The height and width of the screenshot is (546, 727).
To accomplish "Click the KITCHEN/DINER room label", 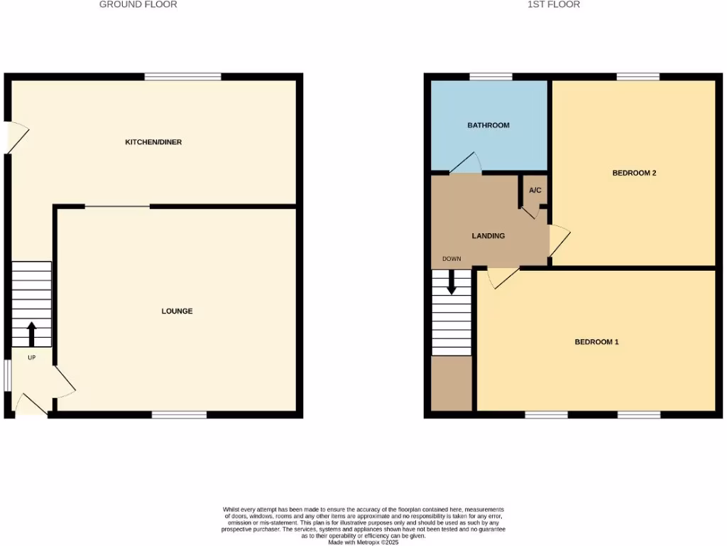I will (x=153, y=142).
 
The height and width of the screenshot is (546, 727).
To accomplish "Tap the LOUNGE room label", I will (x=177, y=311).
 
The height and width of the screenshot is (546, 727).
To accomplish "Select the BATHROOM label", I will (x=488, y=125).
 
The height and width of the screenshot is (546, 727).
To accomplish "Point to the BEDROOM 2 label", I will (x=634, y=173).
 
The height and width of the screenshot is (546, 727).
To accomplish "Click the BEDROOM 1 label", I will (x=597, y=342).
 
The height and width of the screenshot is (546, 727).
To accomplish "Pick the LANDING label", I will (x=488, y=235).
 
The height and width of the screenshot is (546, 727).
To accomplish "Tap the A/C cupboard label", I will (x=535, y=191).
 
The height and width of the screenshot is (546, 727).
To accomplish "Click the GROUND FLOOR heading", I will (x=138, y=4).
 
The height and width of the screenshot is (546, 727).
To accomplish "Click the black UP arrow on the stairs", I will (x=31, y=332).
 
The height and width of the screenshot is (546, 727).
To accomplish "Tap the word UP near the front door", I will (x=31, y=358).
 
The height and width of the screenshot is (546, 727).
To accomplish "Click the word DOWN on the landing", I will (x=452, y=259).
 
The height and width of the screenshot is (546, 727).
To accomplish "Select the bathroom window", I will (x=491, y=77).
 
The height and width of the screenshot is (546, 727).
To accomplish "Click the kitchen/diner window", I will (x=182, y=77).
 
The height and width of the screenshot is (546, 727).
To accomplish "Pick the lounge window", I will (x=179, y=414).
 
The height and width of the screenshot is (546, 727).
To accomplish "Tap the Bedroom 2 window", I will (x=638, y=77).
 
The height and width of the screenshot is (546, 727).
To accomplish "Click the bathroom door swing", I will (x=465, y=164).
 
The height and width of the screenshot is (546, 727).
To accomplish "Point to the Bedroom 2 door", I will (x=559, y=240).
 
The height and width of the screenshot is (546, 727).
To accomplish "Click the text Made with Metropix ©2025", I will (x=363, y=542).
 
